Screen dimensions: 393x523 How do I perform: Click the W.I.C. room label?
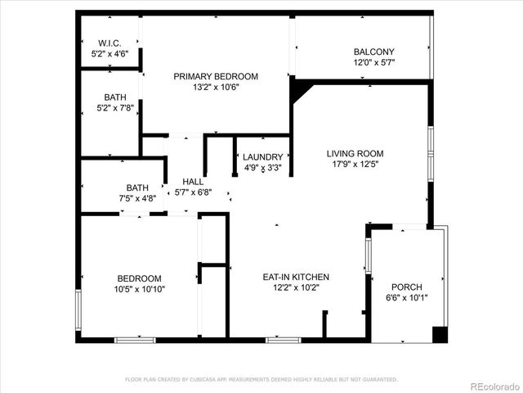pos(109,43)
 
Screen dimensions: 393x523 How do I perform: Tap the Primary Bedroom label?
pos(216,76)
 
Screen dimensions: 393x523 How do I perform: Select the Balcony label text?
pos(373,51)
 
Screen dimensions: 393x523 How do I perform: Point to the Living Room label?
pos(355,153)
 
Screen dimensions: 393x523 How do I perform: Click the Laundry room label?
pos(263,158)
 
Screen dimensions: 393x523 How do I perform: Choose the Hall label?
pos(194,182)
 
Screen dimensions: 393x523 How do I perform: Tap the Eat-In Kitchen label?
pos(296,277)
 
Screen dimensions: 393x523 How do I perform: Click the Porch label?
pos(406,287)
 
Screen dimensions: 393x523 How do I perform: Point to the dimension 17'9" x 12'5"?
pos(355,164)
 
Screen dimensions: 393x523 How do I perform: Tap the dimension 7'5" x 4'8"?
pos(137,197)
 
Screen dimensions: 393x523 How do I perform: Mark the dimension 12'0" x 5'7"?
pos(373,62)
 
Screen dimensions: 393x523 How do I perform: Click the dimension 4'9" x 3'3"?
pos(263,169)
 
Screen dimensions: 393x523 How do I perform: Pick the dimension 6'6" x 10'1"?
pos(406,297)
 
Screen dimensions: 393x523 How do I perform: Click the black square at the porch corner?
pos(440,334)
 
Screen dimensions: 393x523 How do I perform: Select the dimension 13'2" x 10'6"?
pos(216,88)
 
